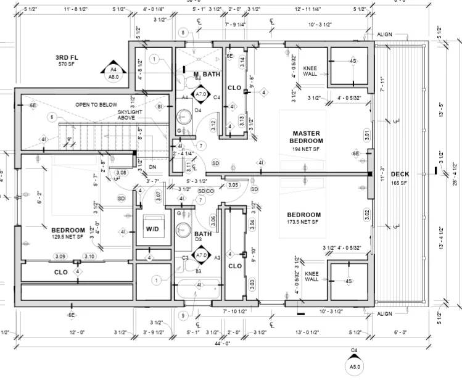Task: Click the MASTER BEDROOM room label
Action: (x=305, y=137)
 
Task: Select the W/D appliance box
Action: (x=152, y=229)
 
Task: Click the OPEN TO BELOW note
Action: (x=96, y=105)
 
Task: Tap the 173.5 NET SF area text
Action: (x=303, y=221)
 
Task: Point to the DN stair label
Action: (x=152, y=167)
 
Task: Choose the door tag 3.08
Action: (x=121, y=173)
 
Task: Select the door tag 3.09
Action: (x=60, y=256)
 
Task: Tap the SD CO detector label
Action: (x=206, y=191)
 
